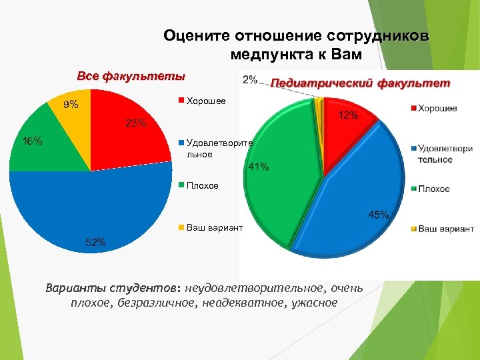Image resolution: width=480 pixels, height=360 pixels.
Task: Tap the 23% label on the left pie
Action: (x=135, y=123)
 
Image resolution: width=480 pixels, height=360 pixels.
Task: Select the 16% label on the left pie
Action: (x=33, y=141)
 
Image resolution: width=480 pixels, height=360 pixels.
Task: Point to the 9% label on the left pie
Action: (x=70, y=105)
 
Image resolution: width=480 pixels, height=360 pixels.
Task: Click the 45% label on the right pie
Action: (x=378, y=215)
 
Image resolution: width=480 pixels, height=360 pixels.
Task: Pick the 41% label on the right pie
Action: (x=259, y=167)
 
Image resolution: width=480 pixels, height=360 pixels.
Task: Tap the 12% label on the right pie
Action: (x=348, y=115)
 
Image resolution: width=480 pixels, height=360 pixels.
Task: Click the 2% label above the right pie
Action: (x=251, y=79)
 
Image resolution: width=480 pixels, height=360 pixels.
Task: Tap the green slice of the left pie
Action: (x=47, y=150)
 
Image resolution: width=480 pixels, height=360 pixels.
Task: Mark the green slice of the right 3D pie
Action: (x=283, y=173)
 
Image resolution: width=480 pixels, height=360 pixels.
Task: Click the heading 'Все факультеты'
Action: (x=131, y=76)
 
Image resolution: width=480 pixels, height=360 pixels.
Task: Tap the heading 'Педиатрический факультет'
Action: (x=361, y=84)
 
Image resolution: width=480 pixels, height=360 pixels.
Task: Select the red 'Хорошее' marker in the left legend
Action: (x=180, y=101)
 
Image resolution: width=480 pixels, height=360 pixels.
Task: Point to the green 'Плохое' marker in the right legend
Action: (x=413, y=189)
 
